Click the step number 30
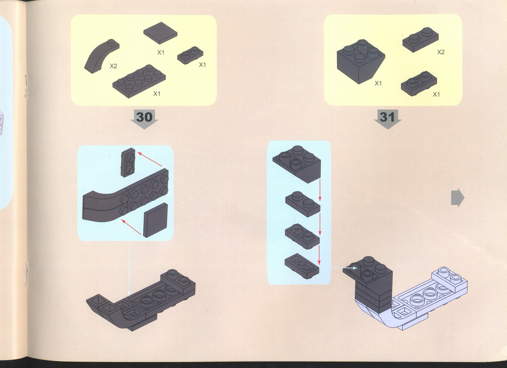pos(144,117)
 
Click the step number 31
pos(387,117)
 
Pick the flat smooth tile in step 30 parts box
pos(160,33)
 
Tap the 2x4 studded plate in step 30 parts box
pos(139,81)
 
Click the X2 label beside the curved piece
pos(113,66)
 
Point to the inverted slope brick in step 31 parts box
pos(361,61)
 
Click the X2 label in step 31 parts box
pos(441,52)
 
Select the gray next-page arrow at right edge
pos(458,198)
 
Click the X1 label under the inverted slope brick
pos(378,83)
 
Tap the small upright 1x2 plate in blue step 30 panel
pos(128,162)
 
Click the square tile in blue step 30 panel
pos(156,220)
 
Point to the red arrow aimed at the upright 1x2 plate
pos(150,160)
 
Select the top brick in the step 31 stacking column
pos(297,164)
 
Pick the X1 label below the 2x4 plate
pos(157,94)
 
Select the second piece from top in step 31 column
pos(303,204)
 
